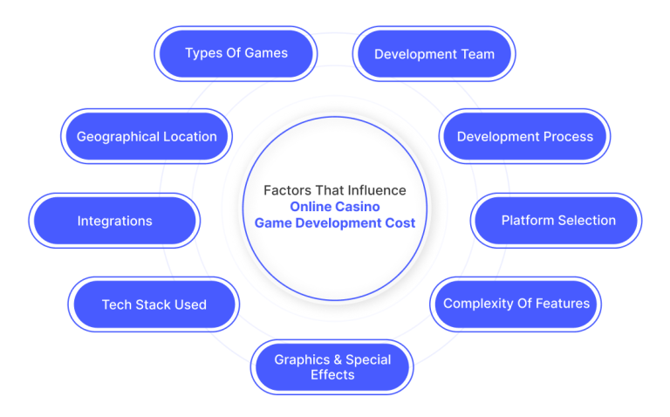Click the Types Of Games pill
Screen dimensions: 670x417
click(x=236, y=54)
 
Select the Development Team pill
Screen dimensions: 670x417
click(x=434, y=54)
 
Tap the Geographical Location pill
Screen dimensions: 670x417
click(x=147, y=136)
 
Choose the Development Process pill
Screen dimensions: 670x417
click(x=524, y=136)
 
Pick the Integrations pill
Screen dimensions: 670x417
click(x=114, y=221)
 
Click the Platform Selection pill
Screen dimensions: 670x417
click(x=557, y=221)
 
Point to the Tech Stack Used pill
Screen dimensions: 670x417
click(x=154, y=304)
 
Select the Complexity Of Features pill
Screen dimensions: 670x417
click(x=516, y=304)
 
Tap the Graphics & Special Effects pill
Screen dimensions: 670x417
click(x=332, y=367)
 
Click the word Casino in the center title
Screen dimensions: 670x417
click(x=358, y=207)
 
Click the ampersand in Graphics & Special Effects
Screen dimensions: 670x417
click(x=338, y=359)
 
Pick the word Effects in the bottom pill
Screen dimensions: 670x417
click(x=332, y=375)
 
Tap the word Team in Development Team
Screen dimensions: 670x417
click(x=478, y=54)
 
